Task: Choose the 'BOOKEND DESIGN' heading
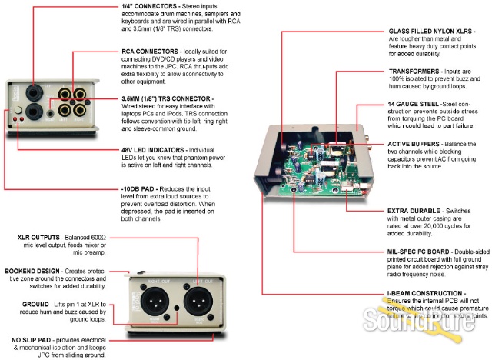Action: pos(33,249)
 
